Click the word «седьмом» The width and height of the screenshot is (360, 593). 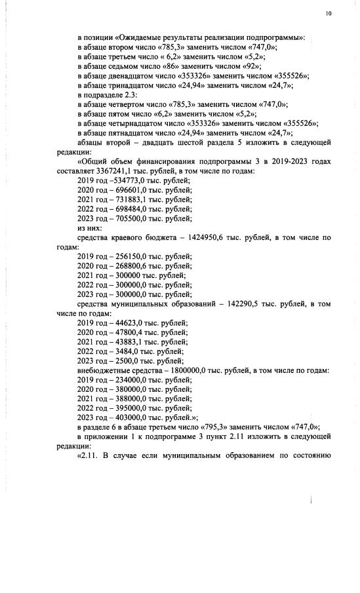[x=121, y=67]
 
